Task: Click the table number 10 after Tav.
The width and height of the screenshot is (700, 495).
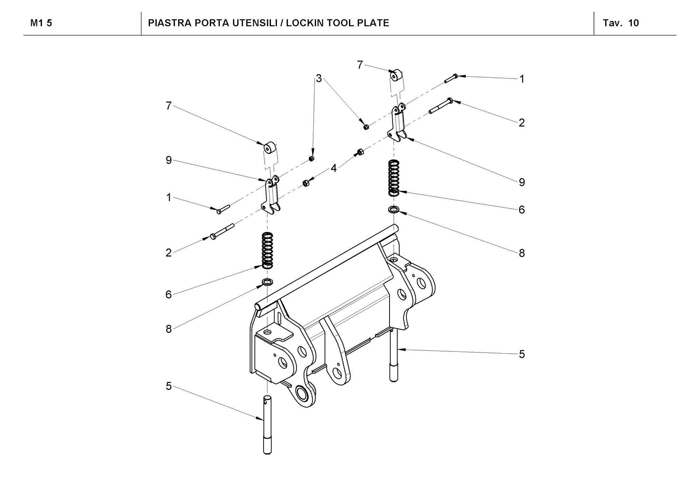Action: point(633,23)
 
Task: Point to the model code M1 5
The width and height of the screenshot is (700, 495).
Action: point(41,23)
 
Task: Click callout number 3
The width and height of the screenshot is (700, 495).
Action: point(318,79)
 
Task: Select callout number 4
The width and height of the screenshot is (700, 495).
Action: point(334,168)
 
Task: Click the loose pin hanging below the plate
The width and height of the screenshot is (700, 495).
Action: point(267,424)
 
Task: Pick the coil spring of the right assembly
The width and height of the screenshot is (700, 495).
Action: point(394,177)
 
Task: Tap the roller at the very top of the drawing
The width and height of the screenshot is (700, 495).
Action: point(397,75)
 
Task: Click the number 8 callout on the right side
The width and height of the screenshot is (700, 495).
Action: point(521,253)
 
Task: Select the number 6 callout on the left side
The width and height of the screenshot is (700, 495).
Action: point(169,294)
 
